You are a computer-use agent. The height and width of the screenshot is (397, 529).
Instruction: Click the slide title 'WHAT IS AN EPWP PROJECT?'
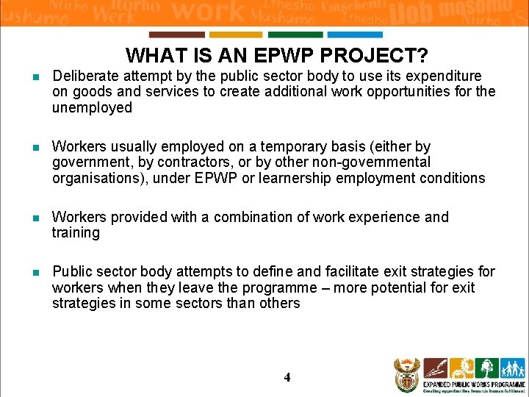[x=277, y=55]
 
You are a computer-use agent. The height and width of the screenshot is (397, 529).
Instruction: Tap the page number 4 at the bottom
[x=287, y=377]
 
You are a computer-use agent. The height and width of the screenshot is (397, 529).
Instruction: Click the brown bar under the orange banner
[x=176, y=35]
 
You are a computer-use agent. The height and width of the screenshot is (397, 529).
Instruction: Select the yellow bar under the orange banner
[x=235, y=35]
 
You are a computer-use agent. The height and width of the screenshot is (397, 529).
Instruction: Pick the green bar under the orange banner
[x=295, y=35]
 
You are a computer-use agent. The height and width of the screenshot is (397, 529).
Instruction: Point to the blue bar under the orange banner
[x=354, y=35]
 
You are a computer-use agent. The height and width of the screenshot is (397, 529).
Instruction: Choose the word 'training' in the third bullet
[x=76, y=233]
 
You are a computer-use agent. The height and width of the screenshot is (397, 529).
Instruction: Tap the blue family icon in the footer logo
[x=511, y=368]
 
